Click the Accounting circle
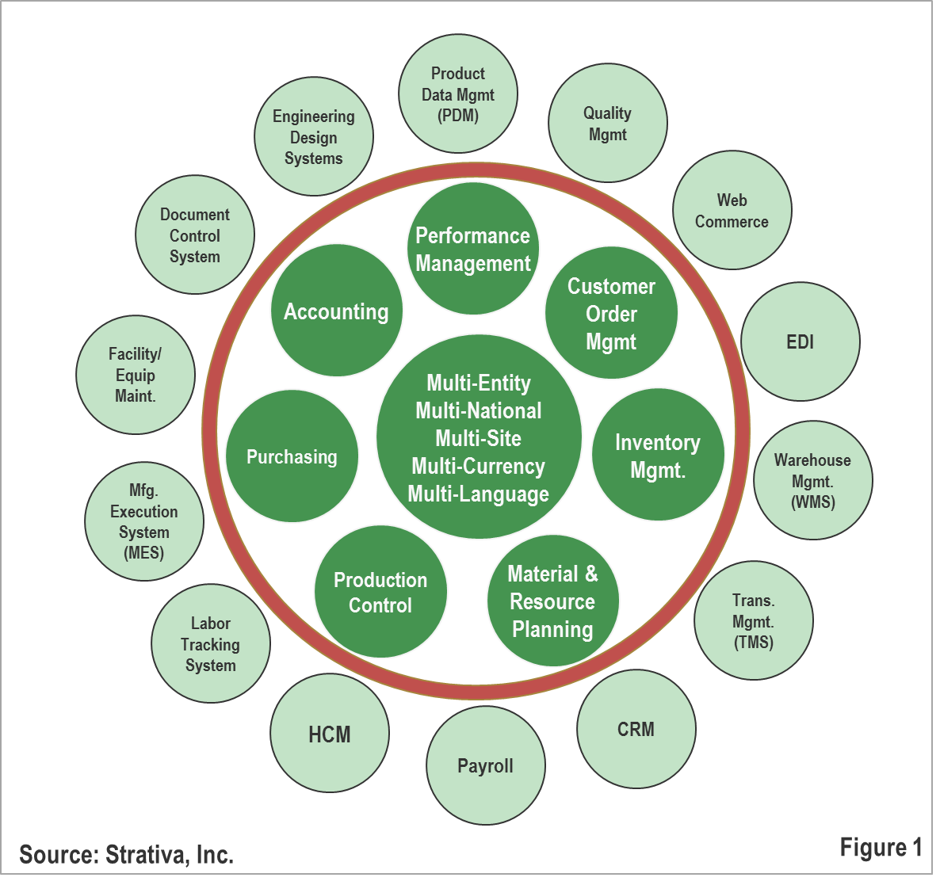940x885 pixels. click(x=336, y=311)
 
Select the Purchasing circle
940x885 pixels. click(x=292, y=456)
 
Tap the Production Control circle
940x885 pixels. click(x=380, y=592)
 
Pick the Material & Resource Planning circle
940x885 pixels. click(x=552, y=601)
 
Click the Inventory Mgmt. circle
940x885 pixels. click(x=658, y=455)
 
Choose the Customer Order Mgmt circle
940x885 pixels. click(x=611, y=313)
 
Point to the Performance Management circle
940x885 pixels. click(x=473, y=249)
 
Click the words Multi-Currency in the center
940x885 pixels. click(x=479, y=466)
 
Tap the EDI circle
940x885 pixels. click(x=801, y=341)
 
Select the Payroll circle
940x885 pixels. click(x=485, y=765)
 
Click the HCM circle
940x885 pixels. click(x=330, y=734)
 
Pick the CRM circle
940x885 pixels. click(x=636, y=729)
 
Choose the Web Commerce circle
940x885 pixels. click(x=732, y=211)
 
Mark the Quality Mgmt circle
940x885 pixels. click(x=608, y=124)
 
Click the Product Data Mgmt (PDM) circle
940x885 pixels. click(x=458, y=93)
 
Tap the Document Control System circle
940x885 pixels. click(x=195, y=235)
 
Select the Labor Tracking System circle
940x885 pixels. click(x=211, y=643)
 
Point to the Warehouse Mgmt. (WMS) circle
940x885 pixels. click(x=812, y=480)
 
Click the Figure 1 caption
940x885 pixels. click(x=881, y=847)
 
